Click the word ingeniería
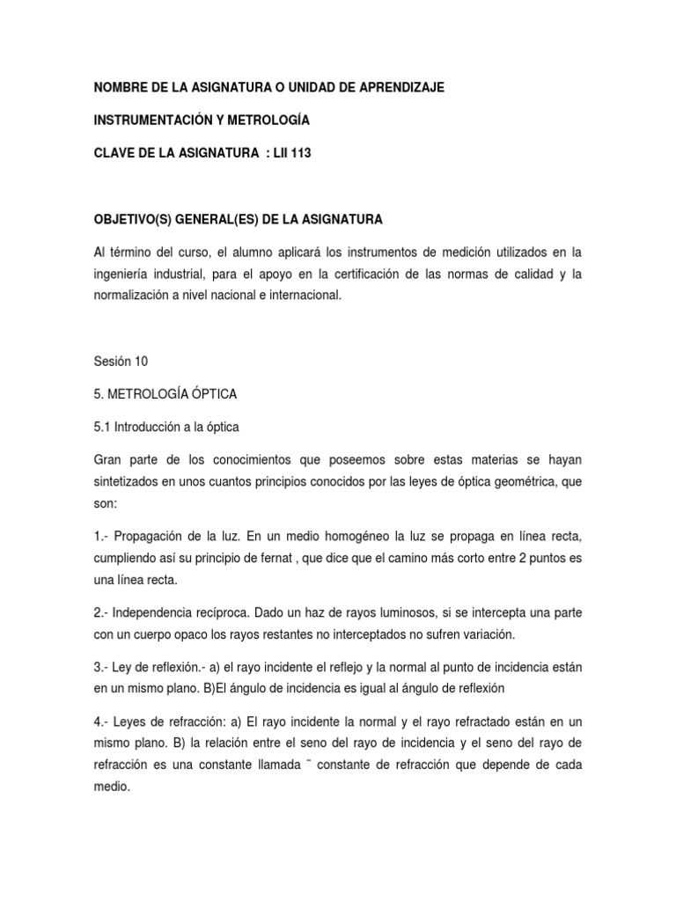coord(122,275)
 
